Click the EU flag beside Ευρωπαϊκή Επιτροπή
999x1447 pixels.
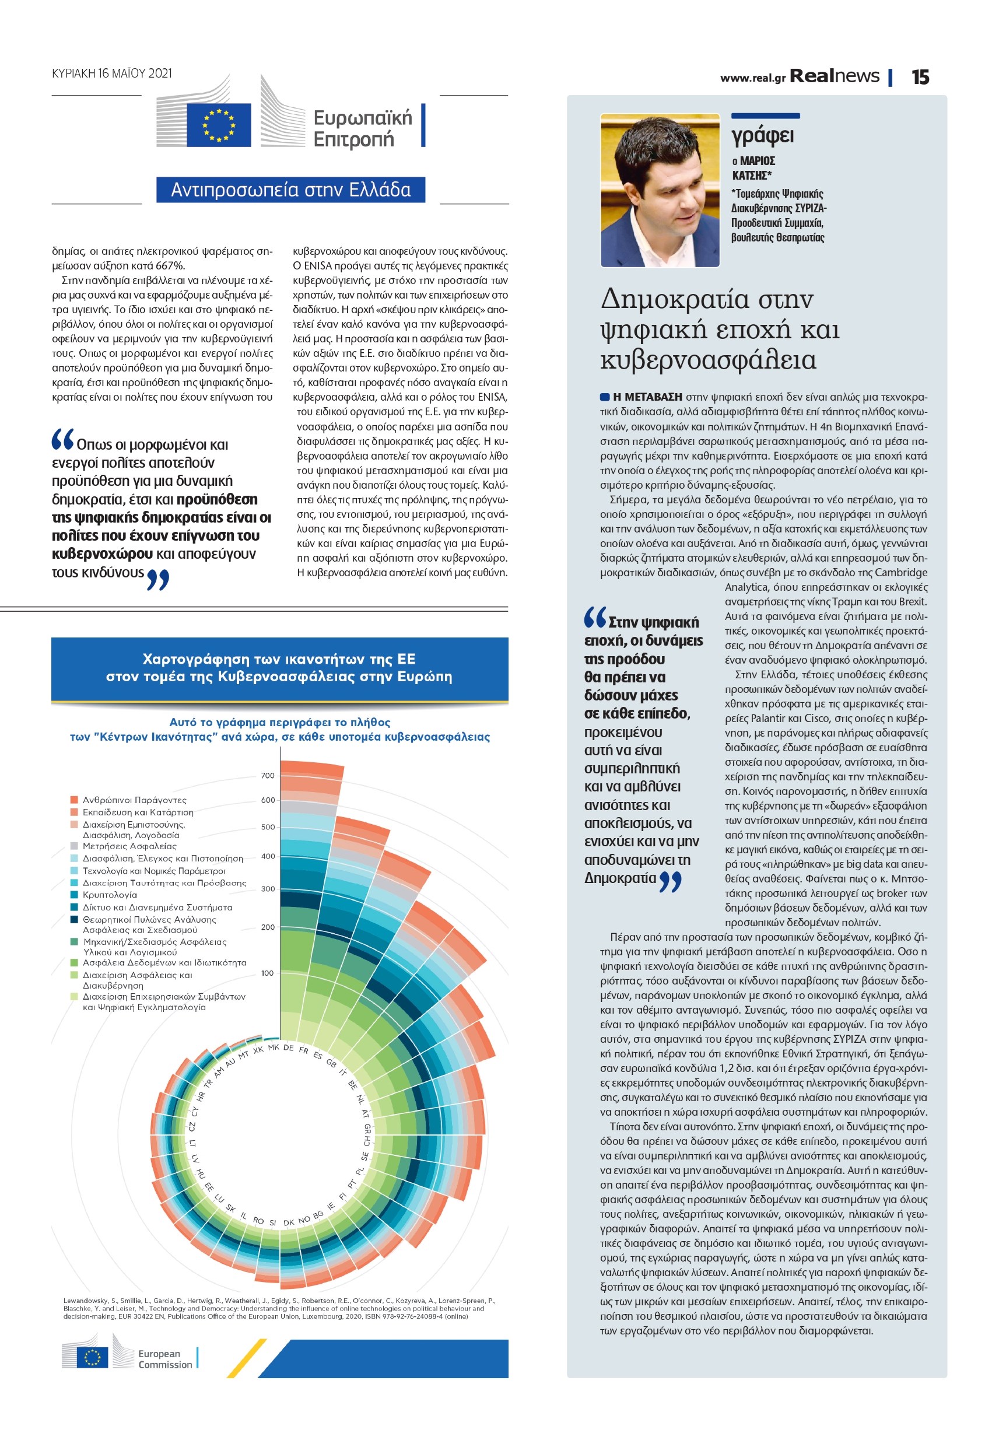coord(218,125)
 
